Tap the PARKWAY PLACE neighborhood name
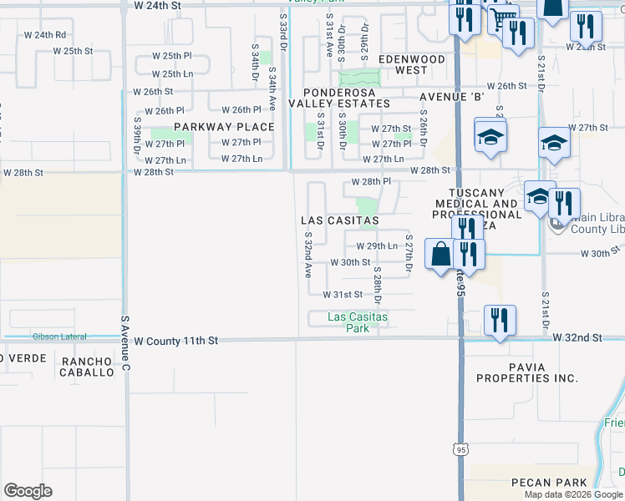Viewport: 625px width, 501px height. [x=224, y=127]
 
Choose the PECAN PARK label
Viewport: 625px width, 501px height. [x=544, y=483]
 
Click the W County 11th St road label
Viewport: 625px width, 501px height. [x=175, y=341]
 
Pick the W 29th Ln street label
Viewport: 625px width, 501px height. [x=376, y=246]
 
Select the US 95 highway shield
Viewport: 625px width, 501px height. [x=461, y=450]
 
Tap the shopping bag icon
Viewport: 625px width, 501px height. [x=440, y=253]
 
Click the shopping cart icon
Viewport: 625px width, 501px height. [x=502, y=18]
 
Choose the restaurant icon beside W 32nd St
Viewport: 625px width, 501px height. [x=500, y=320]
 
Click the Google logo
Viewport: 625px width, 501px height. [x=28, y=490]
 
